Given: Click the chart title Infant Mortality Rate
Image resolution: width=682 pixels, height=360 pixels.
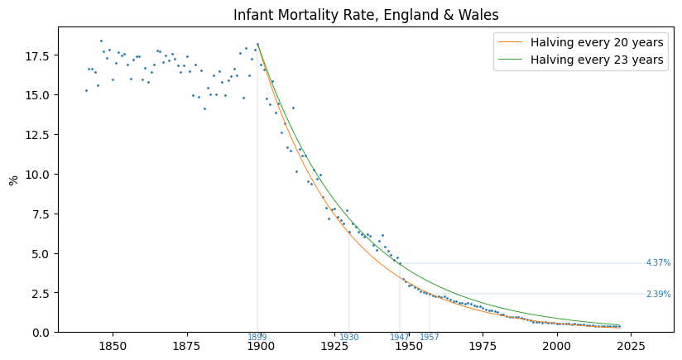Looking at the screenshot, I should [366, 15].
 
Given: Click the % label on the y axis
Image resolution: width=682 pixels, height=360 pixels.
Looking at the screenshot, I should [13, 180].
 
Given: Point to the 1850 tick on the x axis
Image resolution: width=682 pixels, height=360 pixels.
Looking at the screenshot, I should [112, 346].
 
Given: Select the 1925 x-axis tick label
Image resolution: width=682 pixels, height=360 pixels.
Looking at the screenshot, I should [334, 346].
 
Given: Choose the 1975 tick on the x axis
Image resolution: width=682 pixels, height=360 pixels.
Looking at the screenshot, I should [483, 346].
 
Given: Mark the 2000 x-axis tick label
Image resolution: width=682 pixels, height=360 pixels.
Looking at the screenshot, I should [557, 346].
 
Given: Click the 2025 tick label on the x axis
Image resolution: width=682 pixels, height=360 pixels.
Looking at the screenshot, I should [631, 346].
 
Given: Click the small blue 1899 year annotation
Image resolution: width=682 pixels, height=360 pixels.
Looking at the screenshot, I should [257, 337].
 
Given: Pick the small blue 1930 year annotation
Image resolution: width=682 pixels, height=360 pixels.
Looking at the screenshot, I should [348, 337].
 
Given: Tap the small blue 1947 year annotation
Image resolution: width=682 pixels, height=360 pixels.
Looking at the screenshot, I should [399, 337].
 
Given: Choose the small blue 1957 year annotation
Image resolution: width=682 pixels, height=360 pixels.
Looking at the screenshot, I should [429, 337].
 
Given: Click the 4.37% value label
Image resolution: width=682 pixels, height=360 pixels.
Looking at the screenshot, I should [658, 263].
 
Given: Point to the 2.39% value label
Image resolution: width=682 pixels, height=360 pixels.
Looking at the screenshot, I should [658, 295].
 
